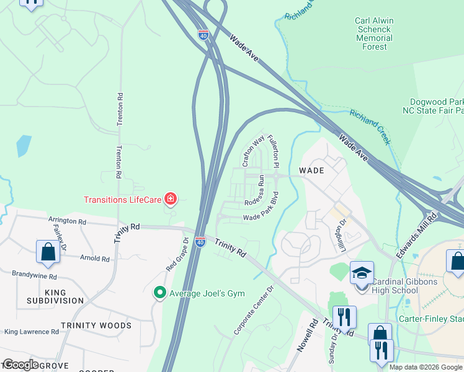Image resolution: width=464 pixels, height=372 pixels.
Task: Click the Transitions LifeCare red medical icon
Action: (x=171, y=199)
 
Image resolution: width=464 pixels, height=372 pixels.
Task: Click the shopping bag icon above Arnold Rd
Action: (x=48, y=252)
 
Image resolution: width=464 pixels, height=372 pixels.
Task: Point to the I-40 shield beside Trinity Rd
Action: (x=200, y=242)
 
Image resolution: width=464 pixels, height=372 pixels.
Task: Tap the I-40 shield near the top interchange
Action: (x=204, y=35)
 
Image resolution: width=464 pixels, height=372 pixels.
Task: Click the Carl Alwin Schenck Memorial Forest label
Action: (x=374, y=33)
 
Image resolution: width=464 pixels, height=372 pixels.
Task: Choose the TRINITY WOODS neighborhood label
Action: (x=96, y=325)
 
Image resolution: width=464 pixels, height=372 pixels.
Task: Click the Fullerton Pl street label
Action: (x=274, y=151)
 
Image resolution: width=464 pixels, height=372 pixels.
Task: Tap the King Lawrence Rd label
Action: (x=31, y=332)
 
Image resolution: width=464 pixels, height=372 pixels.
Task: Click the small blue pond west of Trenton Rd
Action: (x=24, y=145)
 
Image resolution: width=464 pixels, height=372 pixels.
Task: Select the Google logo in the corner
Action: (x=20, y=364)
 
